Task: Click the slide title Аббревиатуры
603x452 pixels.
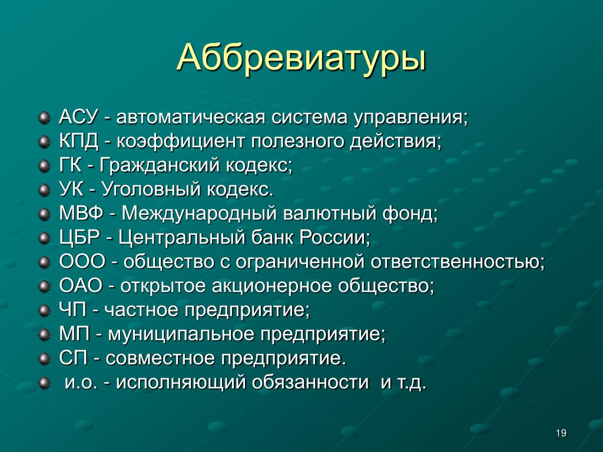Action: click(x=301, y=58)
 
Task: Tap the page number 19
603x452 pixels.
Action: click(x=561, y=433)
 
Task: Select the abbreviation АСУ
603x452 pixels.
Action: click(x=79, y=117)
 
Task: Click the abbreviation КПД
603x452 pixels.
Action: click(x=79, y=141)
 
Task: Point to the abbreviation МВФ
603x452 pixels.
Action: click(x=81, y=213)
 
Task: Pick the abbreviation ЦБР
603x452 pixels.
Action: click(x=79, y=238)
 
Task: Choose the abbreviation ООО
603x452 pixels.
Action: click(x=82, y=262)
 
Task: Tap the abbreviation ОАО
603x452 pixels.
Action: click(x=81, y=286)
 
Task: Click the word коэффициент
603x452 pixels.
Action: click(x=180, y=142)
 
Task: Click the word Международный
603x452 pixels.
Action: click(x=199, y=214)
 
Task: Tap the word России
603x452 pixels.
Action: click(x=334, y=238)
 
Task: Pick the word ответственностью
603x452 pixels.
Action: click(x=458, y=262)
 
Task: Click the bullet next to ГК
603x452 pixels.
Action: click(x=45, y=166)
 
